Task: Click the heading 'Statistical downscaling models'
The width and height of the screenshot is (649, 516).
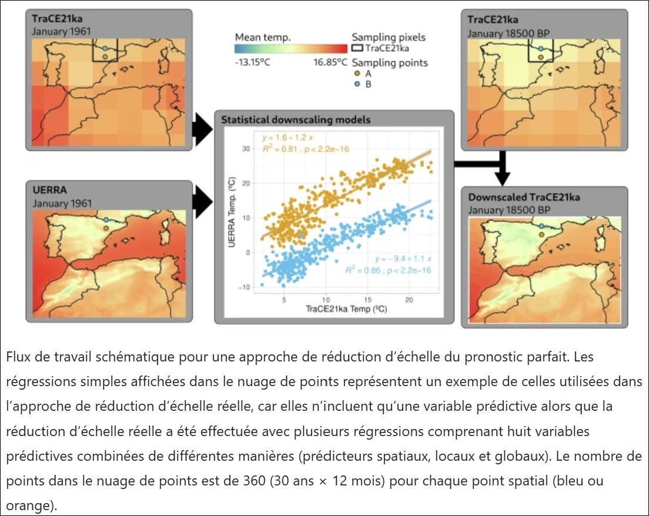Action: click(296, 120)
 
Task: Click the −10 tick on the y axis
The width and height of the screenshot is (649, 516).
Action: click(244, 287)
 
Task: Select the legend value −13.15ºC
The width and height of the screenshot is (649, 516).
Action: click(252, 62)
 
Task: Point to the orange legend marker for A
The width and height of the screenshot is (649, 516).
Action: click(357, 74)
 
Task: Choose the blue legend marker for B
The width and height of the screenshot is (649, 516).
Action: click(357, 84)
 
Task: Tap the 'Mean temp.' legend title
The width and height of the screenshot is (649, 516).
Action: click(263, 36)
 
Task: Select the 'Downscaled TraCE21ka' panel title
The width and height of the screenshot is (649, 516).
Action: click(524, 197)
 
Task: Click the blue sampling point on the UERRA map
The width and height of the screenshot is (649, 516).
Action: click(106, 220)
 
